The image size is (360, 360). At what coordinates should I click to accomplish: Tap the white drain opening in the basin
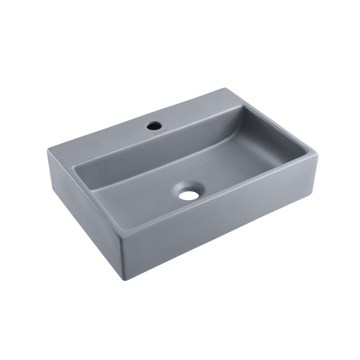(188, 195)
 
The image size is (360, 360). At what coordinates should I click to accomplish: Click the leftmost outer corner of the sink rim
(48, 150)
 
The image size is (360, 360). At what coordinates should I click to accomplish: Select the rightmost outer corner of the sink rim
(317, 153)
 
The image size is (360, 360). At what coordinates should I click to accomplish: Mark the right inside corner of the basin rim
(306, 151)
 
